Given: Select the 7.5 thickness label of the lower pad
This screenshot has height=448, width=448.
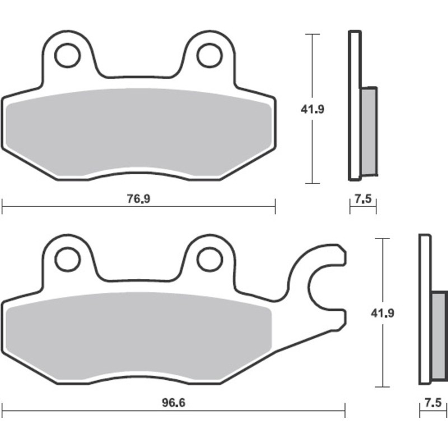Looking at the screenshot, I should [x=433, y=403].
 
